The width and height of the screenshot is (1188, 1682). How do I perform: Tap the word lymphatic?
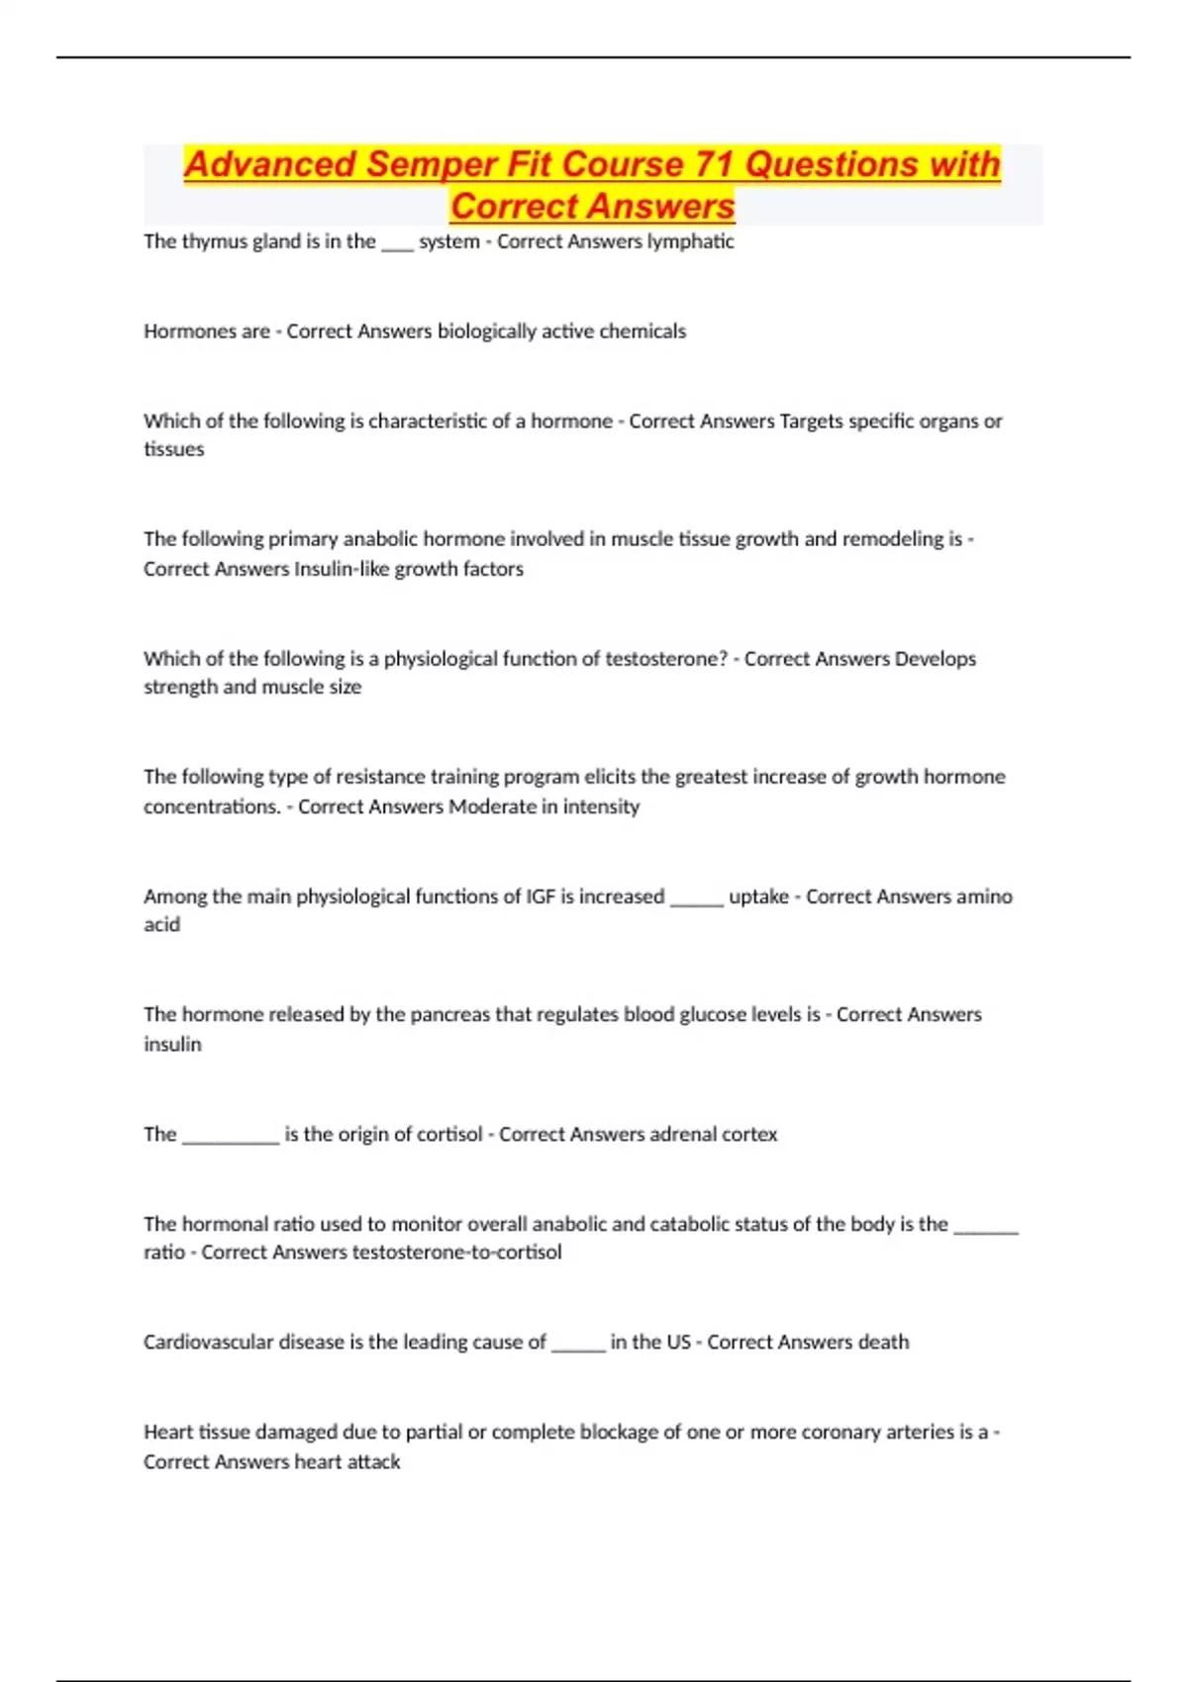690,241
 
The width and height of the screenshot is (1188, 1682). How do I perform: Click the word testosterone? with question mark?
666,659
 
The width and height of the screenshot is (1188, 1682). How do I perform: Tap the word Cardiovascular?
208,1343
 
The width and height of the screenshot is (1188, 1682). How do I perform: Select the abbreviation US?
678,1343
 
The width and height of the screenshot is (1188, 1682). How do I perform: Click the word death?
883,1343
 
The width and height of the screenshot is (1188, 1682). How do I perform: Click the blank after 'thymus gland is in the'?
397,243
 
